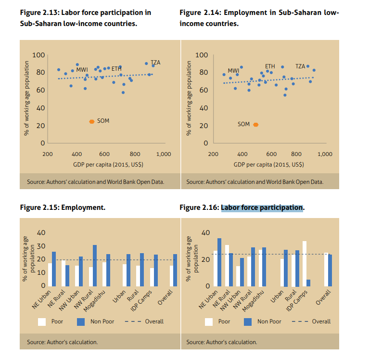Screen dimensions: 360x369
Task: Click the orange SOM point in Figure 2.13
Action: coord(91,122)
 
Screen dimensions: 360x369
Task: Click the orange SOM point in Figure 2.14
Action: coord(256,124)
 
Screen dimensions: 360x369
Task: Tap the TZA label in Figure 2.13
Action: coord(155,63)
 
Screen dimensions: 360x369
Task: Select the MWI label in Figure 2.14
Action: coord(233,70)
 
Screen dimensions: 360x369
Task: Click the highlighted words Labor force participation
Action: coord(262,208)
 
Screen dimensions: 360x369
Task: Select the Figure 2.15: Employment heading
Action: coord(62,208)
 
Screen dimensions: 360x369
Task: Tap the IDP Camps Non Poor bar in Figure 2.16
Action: coord(308,283)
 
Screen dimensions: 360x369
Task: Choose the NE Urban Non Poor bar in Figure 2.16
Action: coord(219,262)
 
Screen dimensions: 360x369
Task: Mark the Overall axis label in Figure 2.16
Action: coord(324,298)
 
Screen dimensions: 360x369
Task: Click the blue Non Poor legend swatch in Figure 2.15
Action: coord(82,321)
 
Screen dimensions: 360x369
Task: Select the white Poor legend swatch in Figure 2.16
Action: coord(209,321)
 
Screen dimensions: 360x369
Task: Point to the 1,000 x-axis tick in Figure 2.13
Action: coord(164,154)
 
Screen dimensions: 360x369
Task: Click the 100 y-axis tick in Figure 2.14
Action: coord(203,55)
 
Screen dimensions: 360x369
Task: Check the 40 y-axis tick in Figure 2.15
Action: coord(41,233)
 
